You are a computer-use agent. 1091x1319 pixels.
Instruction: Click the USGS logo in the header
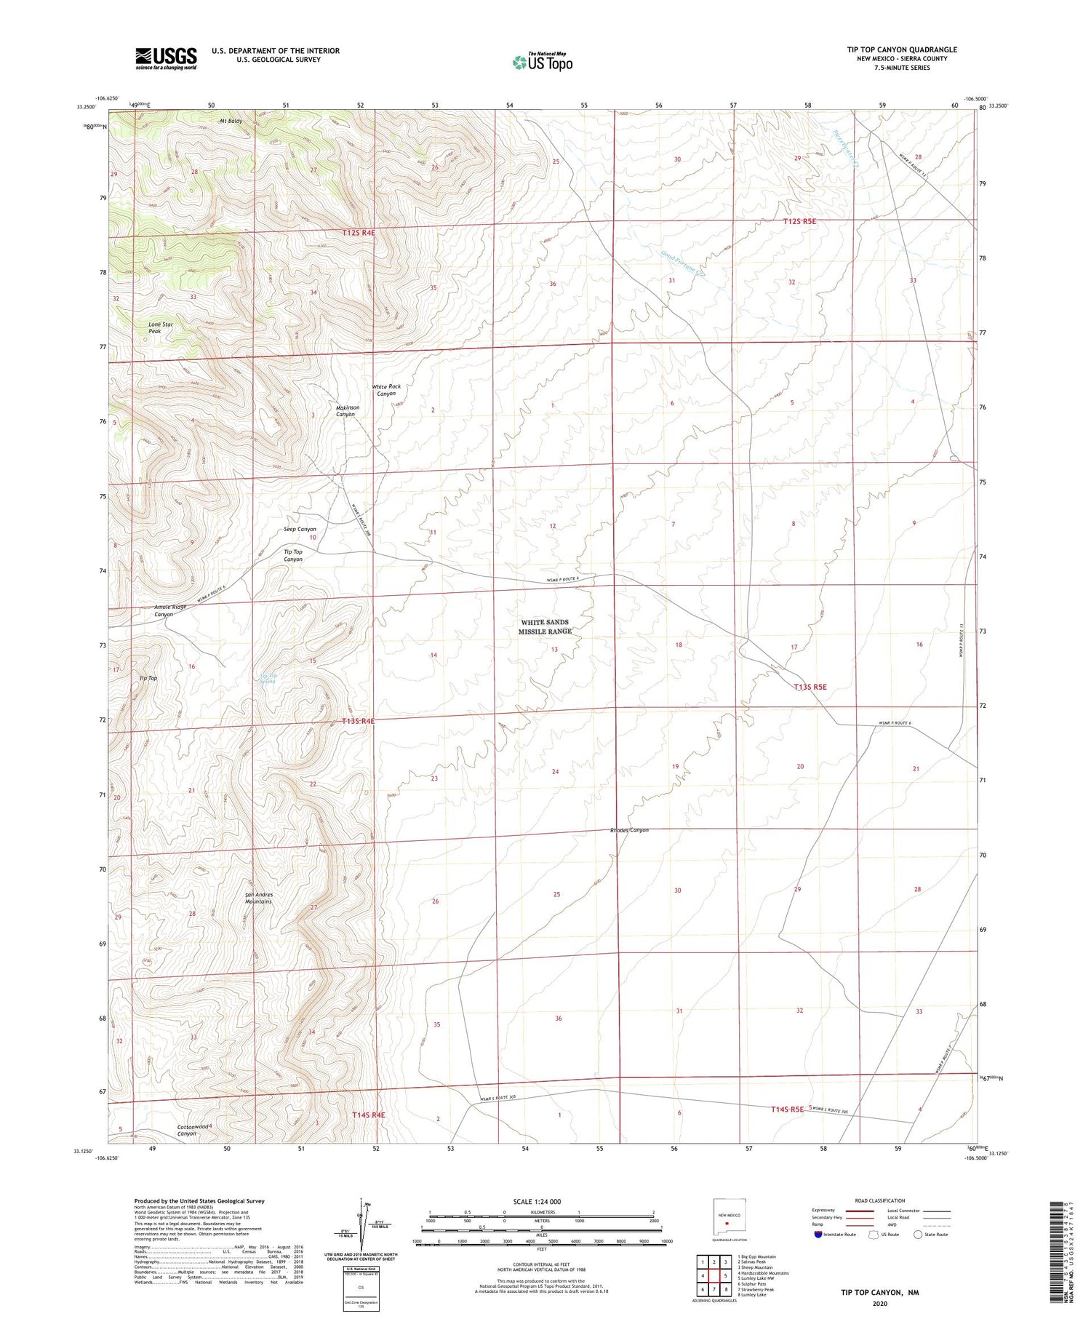pos(166,58)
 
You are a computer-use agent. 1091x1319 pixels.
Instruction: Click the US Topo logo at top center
pos(542,62)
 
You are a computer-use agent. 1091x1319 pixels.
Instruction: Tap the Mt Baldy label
pos(231,121)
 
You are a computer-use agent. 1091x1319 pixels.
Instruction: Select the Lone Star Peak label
pos(161,328)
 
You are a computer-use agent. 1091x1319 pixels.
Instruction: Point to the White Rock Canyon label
pos(386,390)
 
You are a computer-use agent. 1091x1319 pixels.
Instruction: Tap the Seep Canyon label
pos(300,529)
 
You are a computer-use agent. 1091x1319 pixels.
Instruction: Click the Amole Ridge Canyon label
pos(169,610)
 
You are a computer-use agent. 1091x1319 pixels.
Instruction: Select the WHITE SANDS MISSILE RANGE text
pos(545,627)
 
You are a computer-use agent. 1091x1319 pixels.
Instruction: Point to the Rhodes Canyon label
pos(629,830)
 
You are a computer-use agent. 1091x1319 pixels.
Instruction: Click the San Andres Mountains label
pos(258,898)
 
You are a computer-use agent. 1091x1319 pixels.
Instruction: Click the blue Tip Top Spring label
pos(268,679)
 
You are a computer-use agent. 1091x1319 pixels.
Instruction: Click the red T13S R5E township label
pos(810,686)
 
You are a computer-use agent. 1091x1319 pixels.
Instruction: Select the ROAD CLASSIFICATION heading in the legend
pos(879,1201)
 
